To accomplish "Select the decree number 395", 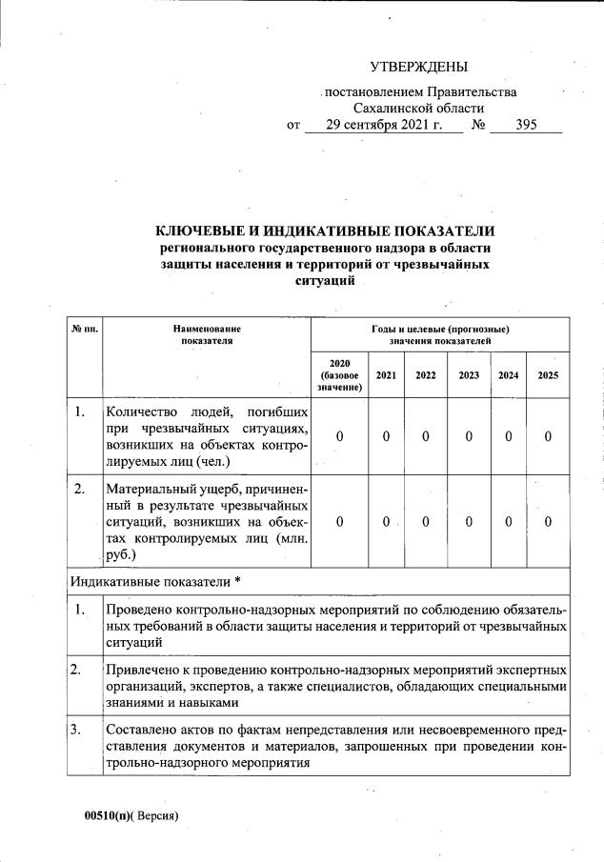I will (x=526, y=125).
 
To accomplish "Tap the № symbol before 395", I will (x=479, y=125).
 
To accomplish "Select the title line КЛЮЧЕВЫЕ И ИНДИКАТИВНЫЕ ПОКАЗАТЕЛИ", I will (x=326, y=231).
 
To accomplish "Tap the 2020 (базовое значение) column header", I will (x=340, y=375).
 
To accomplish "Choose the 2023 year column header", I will (x=469, y=375).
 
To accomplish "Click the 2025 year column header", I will (x=548, y=375).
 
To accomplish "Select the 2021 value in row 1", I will (x=386, y=435).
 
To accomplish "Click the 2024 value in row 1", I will (x=509, y=435).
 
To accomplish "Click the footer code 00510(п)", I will (x=102, y=816).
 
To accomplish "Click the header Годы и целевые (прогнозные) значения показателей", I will (x=440, y=334).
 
